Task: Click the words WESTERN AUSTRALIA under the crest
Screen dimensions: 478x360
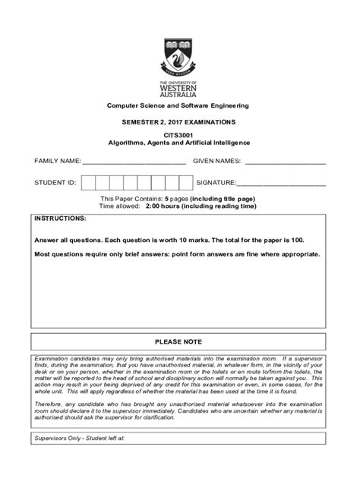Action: click(180, 90)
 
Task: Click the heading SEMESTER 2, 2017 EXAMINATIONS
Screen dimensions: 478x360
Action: click(180, 122)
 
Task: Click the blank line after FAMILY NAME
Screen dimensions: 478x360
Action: click(134, 162)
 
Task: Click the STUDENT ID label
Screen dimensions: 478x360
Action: click(55, 183)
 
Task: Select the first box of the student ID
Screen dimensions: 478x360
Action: click(87, 183)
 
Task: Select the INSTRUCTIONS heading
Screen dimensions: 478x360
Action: click(60, 219)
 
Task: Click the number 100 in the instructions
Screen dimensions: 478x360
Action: click(312, 238)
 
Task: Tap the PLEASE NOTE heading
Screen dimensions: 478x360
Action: click(180, 341)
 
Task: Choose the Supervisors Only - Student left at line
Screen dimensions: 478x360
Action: click(84, 460)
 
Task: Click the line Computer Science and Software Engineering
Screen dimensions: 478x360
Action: click(180, 105)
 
